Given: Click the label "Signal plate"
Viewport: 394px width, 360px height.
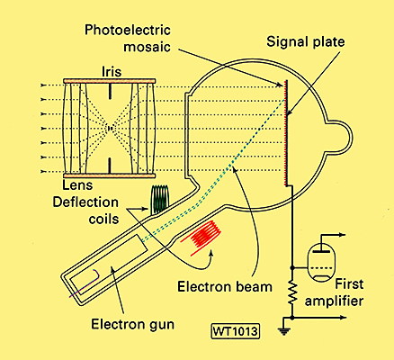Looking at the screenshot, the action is [306, 41].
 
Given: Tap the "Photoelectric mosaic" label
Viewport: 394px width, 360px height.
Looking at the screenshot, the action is [128, 39].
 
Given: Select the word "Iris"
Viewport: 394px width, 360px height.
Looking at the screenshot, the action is [112, 72].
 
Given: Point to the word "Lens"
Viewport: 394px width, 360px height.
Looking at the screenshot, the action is [77, 185].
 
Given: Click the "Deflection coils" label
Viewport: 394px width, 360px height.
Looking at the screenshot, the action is [85, 211].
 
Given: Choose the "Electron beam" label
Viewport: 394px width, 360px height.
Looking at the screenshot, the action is [225, 287].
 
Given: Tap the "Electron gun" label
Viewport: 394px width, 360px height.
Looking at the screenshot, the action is [132, 324].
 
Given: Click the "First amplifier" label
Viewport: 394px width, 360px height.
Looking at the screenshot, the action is [334, 292].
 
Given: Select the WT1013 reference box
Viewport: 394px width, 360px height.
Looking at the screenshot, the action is [236, 331].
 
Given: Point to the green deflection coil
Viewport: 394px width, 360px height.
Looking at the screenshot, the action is [159, 199].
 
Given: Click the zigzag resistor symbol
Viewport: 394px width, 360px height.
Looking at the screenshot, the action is [292, 292].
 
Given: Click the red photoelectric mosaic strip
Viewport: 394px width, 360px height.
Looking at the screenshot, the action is [285, 133].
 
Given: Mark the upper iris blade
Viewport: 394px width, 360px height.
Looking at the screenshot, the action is [110, 91].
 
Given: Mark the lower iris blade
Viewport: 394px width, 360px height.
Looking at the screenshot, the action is [110, 166].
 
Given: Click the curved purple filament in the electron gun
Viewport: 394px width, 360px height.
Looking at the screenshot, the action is [85, 283].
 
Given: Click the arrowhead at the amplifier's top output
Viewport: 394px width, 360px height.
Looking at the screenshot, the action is [343, 235].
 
